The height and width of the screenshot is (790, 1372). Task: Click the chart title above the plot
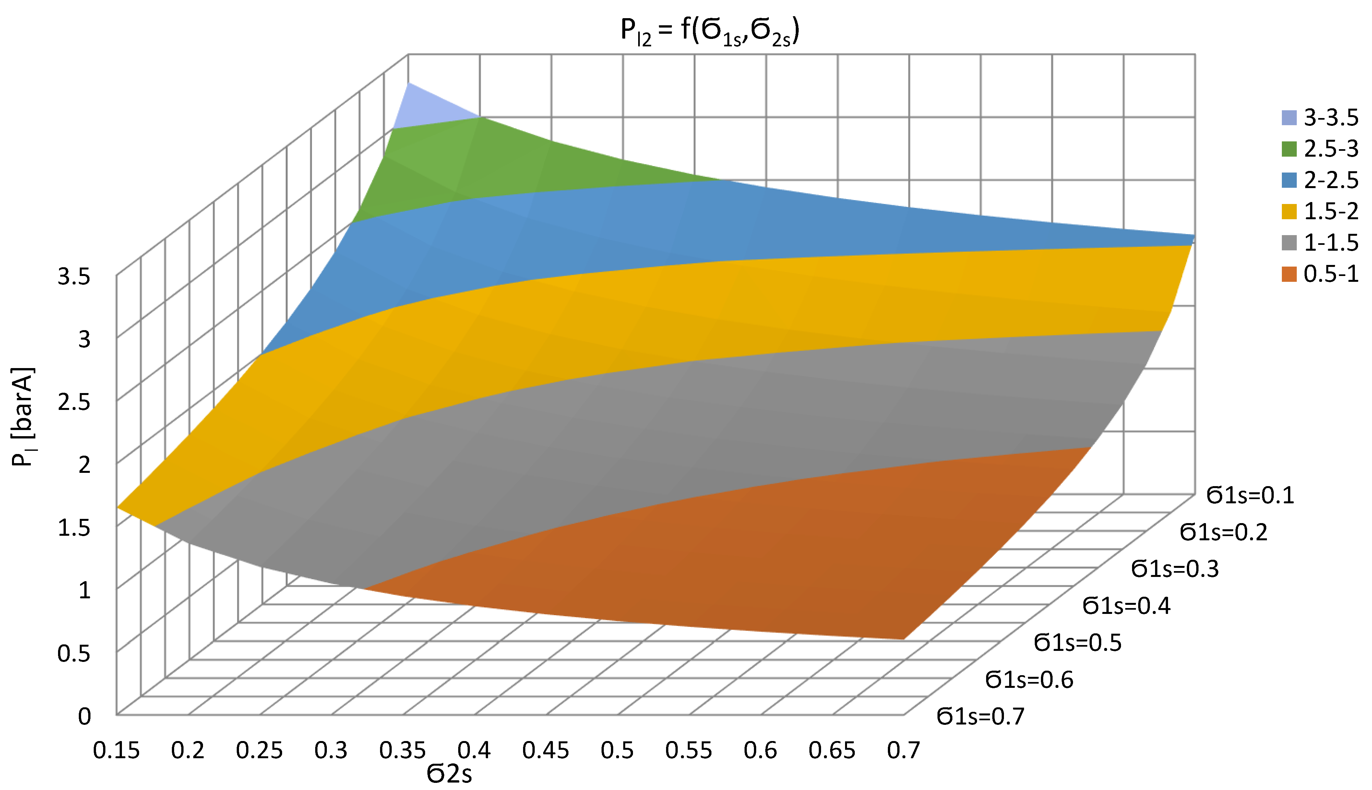click(x=710, y=31)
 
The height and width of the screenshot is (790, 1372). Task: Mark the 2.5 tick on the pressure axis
click(x=74, y=402)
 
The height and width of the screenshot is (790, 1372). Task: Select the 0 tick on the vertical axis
click(x=84, y=716)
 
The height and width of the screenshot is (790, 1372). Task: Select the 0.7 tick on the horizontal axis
click(x=903, y=750)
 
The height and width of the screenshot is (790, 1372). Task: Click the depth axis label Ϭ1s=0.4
click(x=1126, y=605)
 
